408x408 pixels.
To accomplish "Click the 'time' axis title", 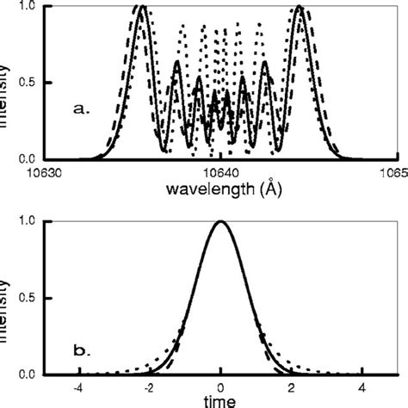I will click(x=221, y=401).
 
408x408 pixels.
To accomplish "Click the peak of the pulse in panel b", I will click(x=221, y=221).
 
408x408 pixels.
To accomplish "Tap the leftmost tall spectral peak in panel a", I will click(x=143, y=8).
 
